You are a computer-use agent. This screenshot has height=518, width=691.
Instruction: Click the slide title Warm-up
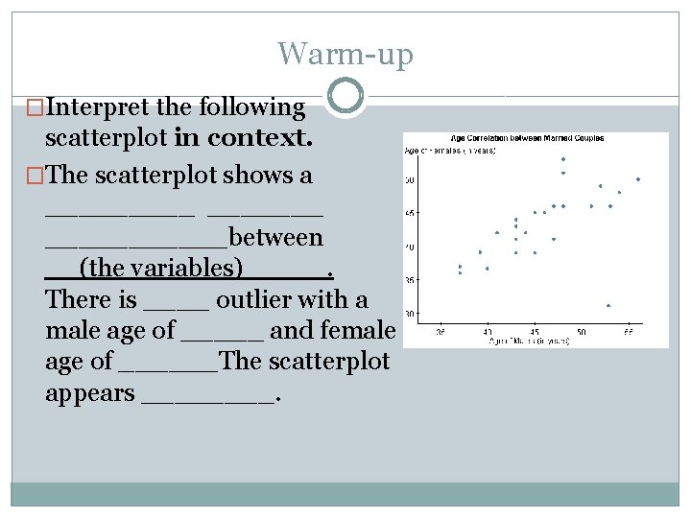tap(345, 54)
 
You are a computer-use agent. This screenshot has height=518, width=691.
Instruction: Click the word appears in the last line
tap(89, 393)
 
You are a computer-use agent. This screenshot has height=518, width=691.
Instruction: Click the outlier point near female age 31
tap(609, 305)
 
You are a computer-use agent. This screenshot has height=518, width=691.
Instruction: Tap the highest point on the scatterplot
tap(563, 159)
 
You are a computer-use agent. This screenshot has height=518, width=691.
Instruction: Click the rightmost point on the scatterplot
tap(638, 179)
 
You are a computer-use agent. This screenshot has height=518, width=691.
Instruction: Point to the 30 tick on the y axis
tap(409, 314)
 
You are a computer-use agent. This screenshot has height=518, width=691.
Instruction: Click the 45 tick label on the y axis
tap(409, 213)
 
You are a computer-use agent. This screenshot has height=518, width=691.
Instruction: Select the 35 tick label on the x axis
tap(441, 332)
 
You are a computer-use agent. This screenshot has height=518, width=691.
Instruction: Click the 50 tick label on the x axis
tap(582, 332)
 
